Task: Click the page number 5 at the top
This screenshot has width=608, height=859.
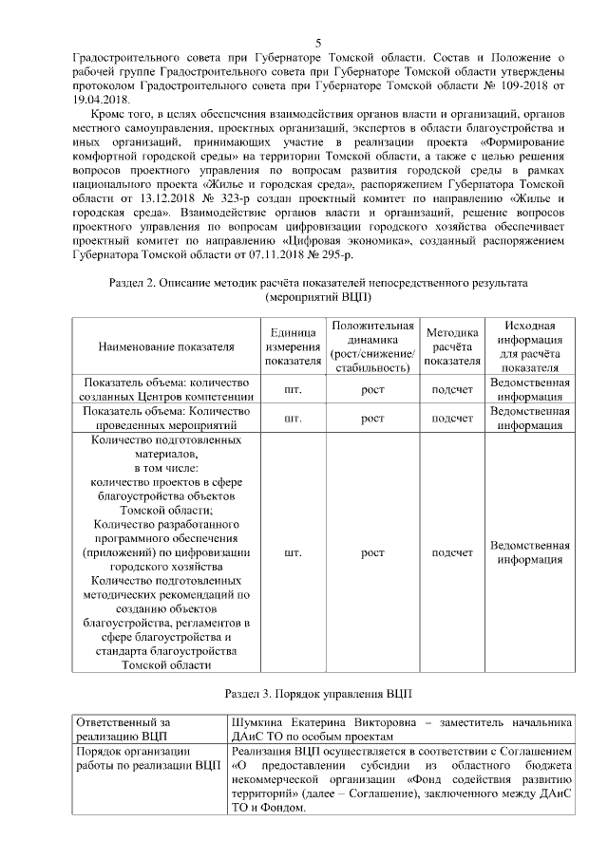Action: pyautogui.click(x=318, y=44)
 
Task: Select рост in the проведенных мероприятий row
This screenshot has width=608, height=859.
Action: pyautogui.click(x=372, y=419)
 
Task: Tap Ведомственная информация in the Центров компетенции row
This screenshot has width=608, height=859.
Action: pyautogui.click(x=529, y=390)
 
